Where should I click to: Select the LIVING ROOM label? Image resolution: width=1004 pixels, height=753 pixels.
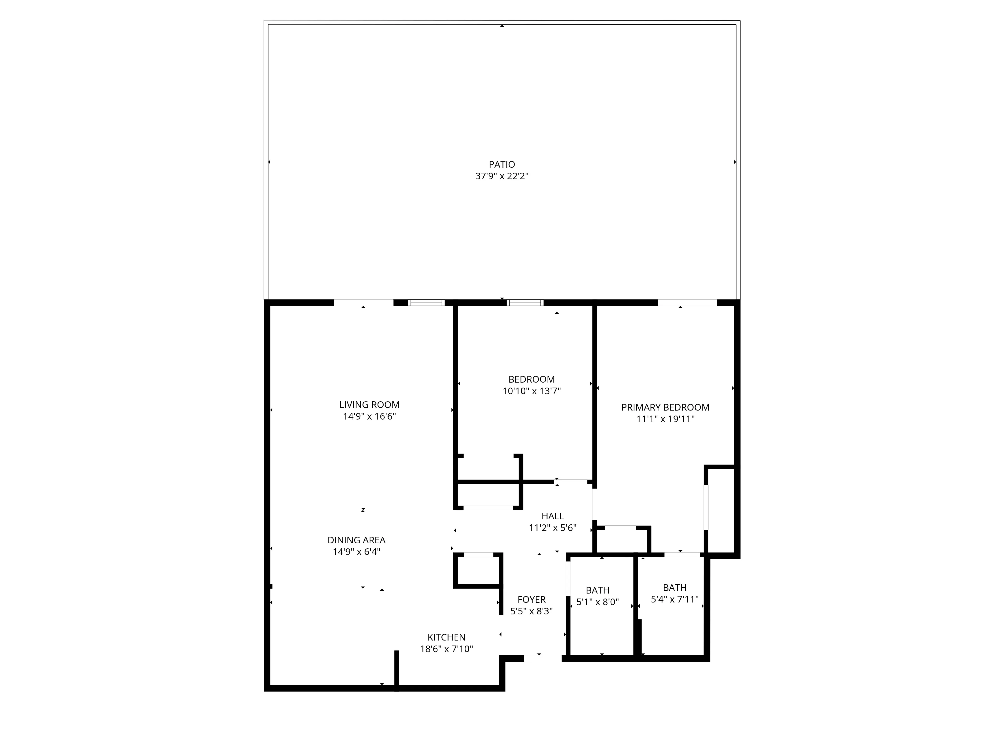pyautogui.click(x=369, y=404)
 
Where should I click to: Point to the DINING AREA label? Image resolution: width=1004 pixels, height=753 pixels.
pyautogui.click(x=356, y=540)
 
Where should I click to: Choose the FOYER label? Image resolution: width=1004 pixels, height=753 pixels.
pyautogui.click(x=531, y=600)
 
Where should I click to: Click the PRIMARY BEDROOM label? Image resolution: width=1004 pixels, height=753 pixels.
pyautogui.click(x=665, y=407)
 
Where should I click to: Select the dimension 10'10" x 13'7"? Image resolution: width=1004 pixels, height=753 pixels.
pyautogui.click(x=531, y=391)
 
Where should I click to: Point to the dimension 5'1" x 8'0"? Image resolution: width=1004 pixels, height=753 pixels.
pyautogui.click(x=597, y=602)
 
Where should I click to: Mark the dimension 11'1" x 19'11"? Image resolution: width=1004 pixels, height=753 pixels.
pyautogui.click(x=665, y=419)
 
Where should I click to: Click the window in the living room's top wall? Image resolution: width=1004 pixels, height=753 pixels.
pyautogui.click(x=426, y=303)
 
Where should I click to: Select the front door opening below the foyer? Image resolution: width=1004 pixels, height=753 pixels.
pyautogui.click(x=543, y=658)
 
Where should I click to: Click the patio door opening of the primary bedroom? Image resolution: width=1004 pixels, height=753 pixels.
pyautogui.click(x=687, y=303)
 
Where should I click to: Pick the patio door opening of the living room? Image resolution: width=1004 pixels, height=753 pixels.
pyautogui.click(x=364, y=303)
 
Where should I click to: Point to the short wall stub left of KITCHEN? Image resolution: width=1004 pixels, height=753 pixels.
pyautogui.click(x=396, y=670)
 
